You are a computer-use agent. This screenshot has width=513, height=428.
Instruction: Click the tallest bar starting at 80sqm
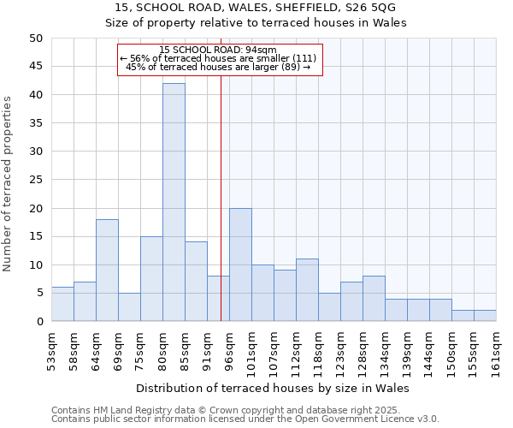(174, 202)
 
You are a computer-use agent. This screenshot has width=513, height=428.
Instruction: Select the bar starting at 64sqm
(107, 270)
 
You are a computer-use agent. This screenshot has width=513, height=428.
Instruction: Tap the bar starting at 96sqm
(240, 265)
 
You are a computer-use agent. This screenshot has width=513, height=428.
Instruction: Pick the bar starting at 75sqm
(151, 279)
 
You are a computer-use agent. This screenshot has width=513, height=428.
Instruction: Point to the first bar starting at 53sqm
(62, 304)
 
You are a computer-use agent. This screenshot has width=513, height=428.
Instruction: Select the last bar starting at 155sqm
(485, 316)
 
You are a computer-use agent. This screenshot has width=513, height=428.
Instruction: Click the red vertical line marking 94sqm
(221, 214)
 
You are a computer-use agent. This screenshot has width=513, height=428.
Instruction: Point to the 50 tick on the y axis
(35, 39)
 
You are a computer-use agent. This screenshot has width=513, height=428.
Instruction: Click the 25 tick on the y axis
(35, 180)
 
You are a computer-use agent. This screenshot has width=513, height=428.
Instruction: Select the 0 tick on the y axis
(38, 322)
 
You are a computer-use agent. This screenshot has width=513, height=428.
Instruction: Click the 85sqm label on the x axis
(185, 349)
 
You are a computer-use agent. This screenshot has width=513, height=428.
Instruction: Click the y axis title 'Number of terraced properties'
(8, 183)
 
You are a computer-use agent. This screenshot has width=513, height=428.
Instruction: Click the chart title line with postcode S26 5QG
(256, 8)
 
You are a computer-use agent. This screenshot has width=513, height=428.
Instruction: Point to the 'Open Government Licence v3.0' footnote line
(245, 419)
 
